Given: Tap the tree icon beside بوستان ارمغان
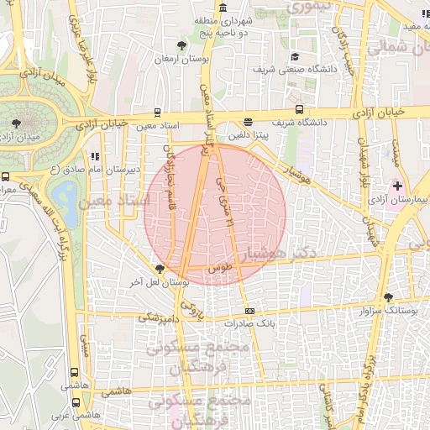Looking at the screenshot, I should pos(183,44).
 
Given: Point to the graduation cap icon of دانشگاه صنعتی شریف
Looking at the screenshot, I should pos(295,56).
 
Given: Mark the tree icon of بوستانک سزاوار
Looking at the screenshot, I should pos(388,297).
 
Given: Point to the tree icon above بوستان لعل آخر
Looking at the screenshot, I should pos(160,269).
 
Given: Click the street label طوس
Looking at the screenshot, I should pos(219,267).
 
